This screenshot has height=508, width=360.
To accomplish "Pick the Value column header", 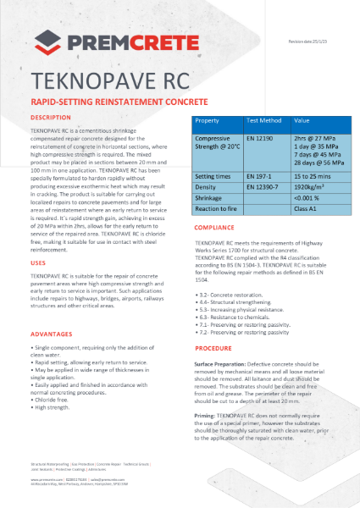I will pyautogui.click(x=302, y=121).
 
